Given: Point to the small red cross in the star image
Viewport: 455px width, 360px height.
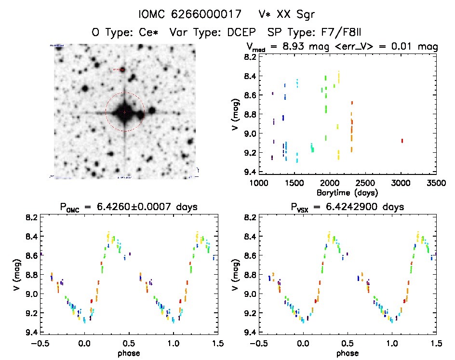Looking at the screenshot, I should pyautogui.click(x=125, y=112).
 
